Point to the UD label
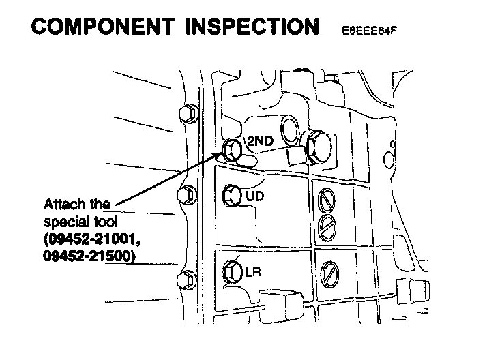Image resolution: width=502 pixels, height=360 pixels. click(254, 196)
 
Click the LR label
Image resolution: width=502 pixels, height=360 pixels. click(253, 273)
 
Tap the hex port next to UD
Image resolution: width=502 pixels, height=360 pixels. click(232, 195)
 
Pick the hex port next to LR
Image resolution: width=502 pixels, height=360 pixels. click(232, 271)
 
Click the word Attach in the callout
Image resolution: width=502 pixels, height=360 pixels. click(62, 205)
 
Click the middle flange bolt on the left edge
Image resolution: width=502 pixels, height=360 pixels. click(186, 195)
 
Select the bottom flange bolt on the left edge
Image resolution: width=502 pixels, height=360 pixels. click(186, 279)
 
